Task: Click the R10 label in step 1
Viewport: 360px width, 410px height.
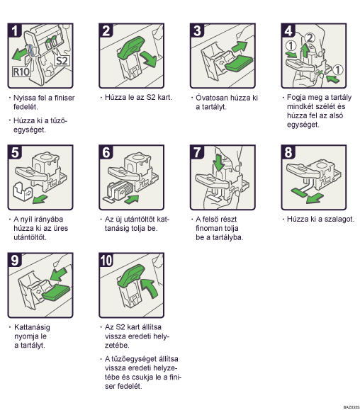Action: tap(21, 72)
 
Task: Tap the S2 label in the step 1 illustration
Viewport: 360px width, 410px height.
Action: tap(62, 61)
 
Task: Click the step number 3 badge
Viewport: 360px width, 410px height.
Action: tap(197, 30)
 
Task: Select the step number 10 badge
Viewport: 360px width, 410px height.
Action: tap(106, 260)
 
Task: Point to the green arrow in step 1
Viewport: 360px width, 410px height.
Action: tap(19, 55)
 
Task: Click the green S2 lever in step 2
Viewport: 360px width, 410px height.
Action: tap(131, 48)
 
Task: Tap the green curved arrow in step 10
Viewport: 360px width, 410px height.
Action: tap(150, 287)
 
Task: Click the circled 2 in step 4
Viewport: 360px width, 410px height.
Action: tap(310, 38)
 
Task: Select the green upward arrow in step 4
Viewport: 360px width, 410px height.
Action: tap(305, 50)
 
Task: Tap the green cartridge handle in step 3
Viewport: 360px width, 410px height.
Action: tap(240, 63)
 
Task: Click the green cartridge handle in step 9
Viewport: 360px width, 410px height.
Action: tap(56, 292)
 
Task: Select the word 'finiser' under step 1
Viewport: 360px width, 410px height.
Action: tap(64, 98)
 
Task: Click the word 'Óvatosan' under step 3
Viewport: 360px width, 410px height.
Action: tap(210, 98)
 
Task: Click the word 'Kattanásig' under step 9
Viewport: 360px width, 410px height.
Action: tap(32, 327)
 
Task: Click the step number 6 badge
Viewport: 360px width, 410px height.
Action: tap(106, 152)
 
